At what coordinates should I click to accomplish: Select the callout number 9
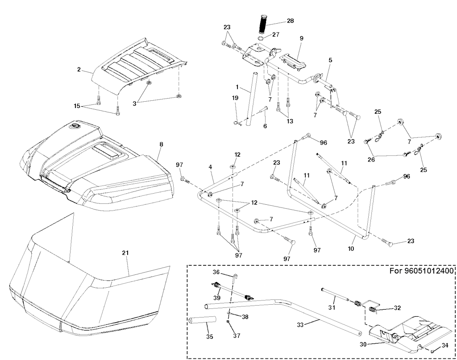click(301, 39)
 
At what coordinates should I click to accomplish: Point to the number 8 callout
click(161, 144)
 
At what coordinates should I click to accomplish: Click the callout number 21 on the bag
click(125, 253)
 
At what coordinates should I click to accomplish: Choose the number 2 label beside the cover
click(79, 70)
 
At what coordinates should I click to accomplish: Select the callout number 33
click(300, 325)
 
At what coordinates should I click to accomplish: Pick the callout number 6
click(265, 126)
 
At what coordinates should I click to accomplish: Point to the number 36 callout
click(216, 272)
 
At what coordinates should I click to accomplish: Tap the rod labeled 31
click(334, 296)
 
